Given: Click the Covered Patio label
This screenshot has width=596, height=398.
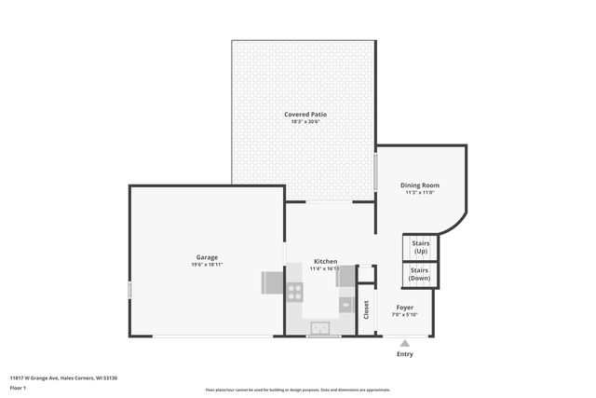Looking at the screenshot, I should pos(305,114).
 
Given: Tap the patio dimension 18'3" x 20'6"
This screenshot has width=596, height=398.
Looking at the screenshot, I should pos(305,122).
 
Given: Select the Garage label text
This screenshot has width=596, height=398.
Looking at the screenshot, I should pos(207,257).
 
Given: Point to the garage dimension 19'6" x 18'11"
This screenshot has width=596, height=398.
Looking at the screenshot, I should pos(207,266).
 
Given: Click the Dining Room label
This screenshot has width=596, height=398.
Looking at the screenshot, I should pos(420,185).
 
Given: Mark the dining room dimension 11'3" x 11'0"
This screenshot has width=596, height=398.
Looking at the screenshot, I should pos(420,193).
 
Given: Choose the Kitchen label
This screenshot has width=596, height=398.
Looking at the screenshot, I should pos(325,261).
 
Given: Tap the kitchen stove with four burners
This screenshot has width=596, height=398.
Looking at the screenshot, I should pos(295,292).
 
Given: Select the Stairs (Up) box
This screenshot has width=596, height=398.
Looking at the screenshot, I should pos(420,247).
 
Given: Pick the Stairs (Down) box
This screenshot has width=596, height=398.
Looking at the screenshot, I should pos(420,275).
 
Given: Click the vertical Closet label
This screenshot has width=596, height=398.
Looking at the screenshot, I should pos(366,310).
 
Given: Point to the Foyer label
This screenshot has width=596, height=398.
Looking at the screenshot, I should pos(405,307).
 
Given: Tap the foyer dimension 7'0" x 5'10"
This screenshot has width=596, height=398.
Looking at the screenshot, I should pos(405,315).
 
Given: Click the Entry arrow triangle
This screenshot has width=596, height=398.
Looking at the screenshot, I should pos(405,343).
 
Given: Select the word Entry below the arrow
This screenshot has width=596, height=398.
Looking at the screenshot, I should pos(405,354).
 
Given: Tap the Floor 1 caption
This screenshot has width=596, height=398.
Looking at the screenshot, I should pos(18,387).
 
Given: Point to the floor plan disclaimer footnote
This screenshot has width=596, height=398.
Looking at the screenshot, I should pos(298,391).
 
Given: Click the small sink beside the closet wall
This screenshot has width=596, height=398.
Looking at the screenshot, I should pos(345,304).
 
